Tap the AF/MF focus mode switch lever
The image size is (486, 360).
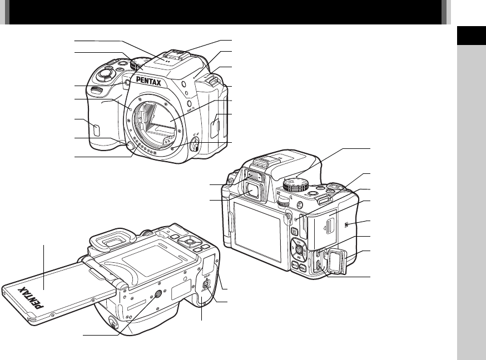[x=195, y=147]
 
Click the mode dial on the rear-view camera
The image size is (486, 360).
[x=297, y=184]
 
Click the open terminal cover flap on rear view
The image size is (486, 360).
[x=338, y=261]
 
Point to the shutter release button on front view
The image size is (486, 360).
[x=104, y=73]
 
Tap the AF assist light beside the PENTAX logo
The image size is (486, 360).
[x=127, y=84]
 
